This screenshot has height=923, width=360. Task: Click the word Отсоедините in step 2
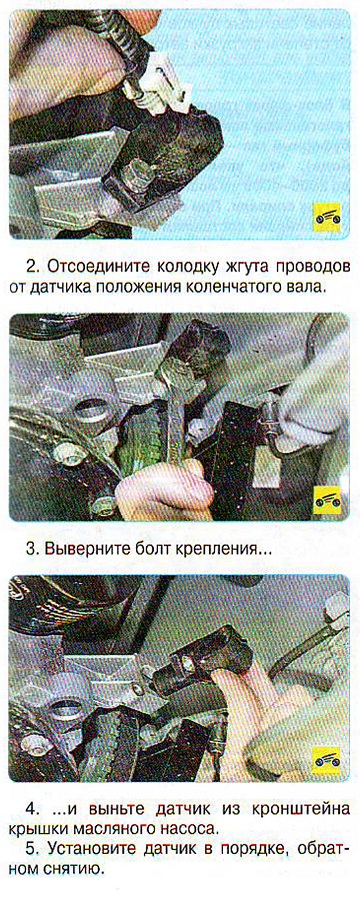pos(102,266)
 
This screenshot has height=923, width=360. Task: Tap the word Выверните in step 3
pos(88,549)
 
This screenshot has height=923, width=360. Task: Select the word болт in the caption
pos(153,549)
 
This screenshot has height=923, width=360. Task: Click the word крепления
pos(218,550)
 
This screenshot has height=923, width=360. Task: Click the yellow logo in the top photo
pos(326,218)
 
